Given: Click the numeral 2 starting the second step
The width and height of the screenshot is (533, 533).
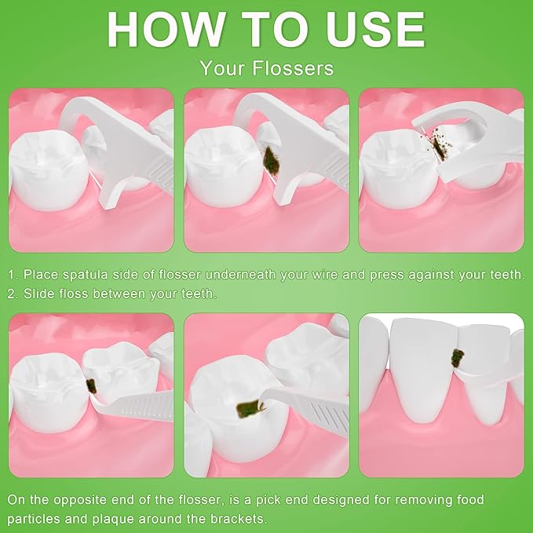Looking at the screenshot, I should pos(12,294).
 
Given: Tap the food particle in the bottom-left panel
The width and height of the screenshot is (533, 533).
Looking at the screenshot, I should pos(91,385).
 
